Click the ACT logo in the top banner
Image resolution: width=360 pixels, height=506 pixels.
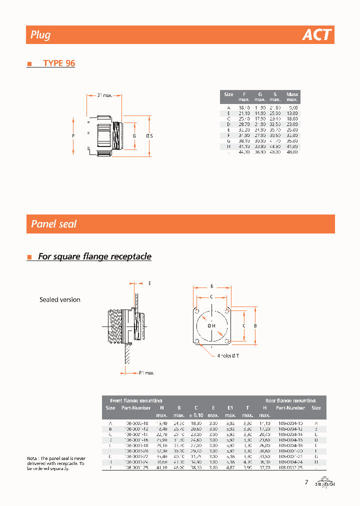click(x=317, y=35)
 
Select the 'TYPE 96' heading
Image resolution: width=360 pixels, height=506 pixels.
click(x=59, y=63)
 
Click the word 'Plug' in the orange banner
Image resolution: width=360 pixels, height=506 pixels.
click(x=40, y=35)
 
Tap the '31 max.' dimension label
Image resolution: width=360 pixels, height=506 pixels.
click(x=105, y=95)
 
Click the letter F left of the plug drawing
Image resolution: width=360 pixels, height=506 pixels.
click(x=73, y=136)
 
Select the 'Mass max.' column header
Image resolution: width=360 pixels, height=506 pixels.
click(x=292, y=97)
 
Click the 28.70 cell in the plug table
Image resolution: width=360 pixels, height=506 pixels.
click(x=243, y=123)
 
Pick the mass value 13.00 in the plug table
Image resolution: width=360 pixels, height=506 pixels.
click(x=292, y=112)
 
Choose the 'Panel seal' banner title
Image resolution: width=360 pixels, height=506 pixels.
click(x=54, y=224)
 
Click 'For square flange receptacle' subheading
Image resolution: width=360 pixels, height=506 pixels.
click(x=94, y=256)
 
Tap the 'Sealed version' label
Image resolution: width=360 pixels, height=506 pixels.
click(x=60, y=300)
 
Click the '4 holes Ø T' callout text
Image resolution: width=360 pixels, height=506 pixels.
click(x=228, y=355)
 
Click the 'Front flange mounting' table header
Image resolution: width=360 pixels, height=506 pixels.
click(x=135, y=400)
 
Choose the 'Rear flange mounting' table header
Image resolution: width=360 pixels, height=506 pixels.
click(x=290, y=400)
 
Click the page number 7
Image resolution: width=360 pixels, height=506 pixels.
click(x=306, y=482)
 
